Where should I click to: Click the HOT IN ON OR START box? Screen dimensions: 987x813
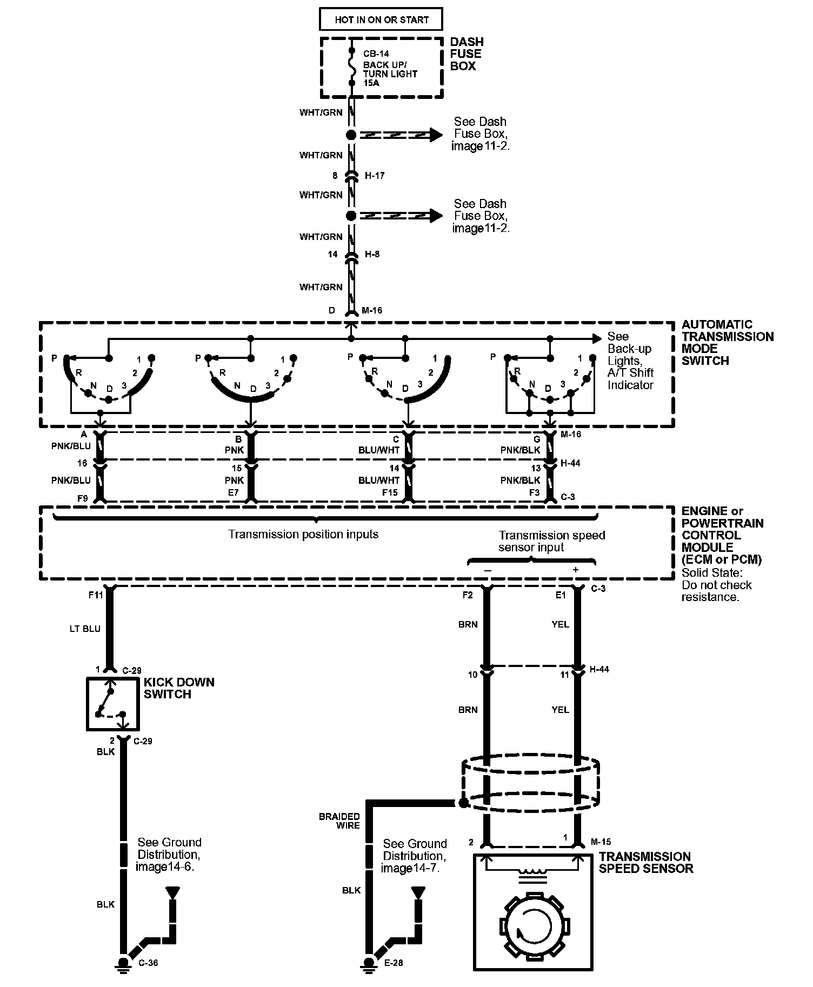click(381, 19)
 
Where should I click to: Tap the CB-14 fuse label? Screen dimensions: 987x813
click(376, 54)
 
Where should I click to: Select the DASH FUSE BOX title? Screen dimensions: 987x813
click(467, 54)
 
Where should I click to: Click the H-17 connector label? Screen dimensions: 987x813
click(375, 176)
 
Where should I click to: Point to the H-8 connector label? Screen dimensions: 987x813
click(372, 254)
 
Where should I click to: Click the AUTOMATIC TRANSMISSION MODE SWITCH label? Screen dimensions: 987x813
click(727, 343)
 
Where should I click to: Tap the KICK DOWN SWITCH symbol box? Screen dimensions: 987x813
click(112, 703)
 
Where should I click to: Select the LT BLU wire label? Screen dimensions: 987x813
click(85, 629)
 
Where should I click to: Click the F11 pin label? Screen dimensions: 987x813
click(96, 595)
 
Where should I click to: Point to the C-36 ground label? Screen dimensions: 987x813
click(148, 963)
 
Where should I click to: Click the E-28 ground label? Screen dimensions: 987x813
click(394, 963)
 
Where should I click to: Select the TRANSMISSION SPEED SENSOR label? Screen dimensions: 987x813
click(645, 862)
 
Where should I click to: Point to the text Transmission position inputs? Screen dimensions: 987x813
click(303, 535)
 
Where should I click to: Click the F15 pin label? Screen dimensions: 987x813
click(390, 492)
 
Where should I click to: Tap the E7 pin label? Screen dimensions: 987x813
click(234, 492)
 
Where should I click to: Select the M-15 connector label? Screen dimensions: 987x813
click(601, 841)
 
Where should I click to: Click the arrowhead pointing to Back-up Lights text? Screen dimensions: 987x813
click(597, 338)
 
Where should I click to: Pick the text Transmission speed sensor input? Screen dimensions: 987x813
click(551, 541)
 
